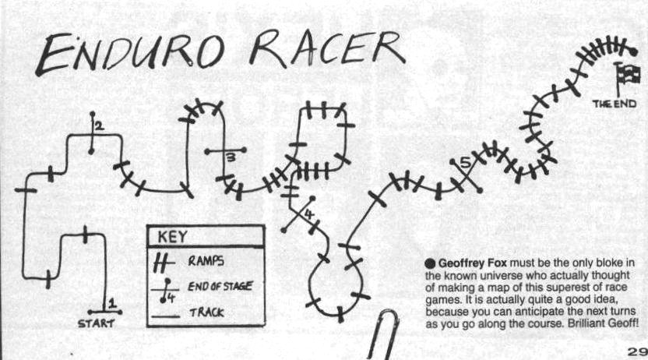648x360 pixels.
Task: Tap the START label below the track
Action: coord(96,322)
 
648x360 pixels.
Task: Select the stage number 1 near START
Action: coord(111,303)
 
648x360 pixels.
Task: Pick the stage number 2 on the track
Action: coord(99,125)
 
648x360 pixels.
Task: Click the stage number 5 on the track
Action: coord(465,163)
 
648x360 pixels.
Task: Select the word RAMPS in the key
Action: coord(206,262)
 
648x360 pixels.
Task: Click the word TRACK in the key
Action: coord(206,312)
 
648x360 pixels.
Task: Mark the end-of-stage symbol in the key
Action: coord(164,289)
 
